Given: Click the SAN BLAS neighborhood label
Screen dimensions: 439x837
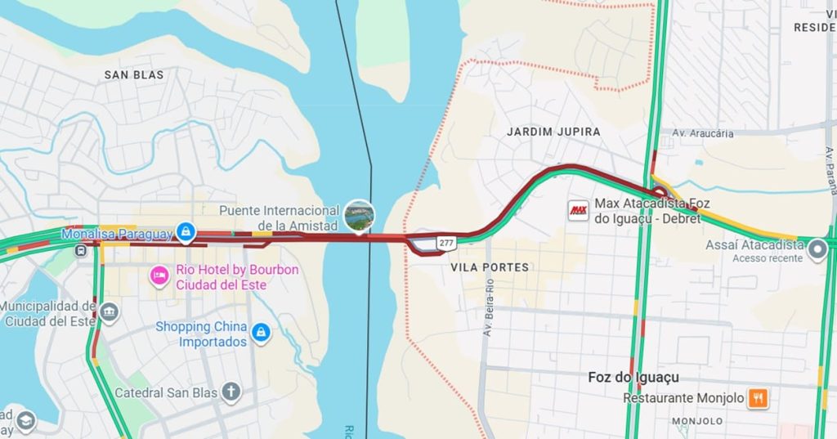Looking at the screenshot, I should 134,75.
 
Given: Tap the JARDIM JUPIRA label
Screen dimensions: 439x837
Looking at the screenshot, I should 553,132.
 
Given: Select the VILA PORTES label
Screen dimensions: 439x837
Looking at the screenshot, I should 490,267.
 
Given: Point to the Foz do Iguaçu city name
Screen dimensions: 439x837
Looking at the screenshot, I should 633,378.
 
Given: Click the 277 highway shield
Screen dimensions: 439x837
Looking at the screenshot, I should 446,243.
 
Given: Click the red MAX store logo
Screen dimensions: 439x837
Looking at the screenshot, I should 578,210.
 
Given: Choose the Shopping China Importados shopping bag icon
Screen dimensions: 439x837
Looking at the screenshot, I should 261,334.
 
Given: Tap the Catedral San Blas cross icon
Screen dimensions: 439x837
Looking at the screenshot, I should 231,392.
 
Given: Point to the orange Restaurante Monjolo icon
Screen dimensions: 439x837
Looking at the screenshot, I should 758,398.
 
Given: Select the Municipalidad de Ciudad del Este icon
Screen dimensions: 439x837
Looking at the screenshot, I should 109,312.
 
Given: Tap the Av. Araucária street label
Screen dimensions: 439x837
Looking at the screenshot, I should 702,133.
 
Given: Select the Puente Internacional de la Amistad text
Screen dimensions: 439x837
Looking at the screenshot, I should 279,217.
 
